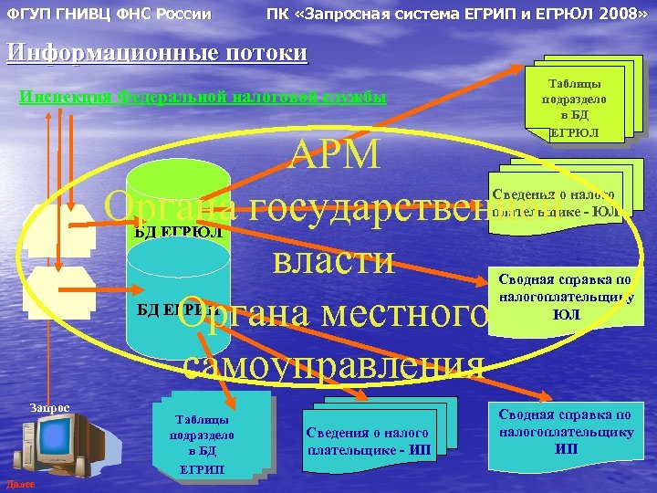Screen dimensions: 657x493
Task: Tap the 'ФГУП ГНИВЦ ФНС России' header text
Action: [109, 15]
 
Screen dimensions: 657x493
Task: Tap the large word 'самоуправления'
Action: [332, 364]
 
